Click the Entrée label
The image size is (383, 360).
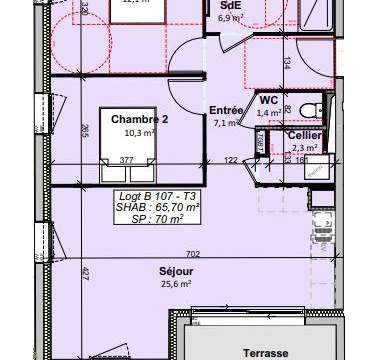(226, 110)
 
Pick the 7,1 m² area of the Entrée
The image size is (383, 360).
(225, 123)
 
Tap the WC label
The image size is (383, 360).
(268, 101)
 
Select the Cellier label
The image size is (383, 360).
(304, 135)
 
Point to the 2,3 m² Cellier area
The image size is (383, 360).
(304, 147)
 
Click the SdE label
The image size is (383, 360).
(229, 5)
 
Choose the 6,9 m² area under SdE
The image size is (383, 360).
(229, 18)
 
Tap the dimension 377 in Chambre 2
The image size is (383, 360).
(127, 158)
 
